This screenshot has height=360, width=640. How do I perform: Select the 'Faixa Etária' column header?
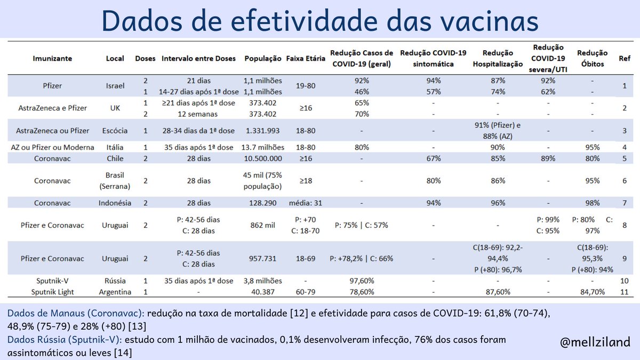(305, 59)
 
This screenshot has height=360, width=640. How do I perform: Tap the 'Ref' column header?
(624, 59)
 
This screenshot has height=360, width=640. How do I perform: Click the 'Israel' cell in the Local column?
(115, 85)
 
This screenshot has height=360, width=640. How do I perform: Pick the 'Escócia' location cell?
(115, 130)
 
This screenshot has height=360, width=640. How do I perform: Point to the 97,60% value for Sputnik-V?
(362, 281)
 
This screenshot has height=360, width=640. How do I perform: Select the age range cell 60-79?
(305, 292)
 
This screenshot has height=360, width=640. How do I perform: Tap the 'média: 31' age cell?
(305, 203)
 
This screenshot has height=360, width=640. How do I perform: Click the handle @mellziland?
(595, 341)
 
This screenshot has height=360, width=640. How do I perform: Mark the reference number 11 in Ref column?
(624, 292)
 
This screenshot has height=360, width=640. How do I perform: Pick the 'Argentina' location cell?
(115, 292)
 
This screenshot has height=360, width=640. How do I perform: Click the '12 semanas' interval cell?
(198, 114)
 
